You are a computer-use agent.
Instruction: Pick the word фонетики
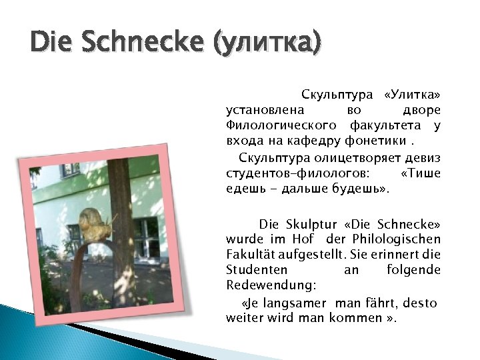click(375, 141)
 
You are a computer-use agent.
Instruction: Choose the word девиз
click(424, 157)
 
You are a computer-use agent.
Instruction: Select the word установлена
click(266, 109)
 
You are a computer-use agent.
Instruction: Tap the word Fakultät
click(253, 255)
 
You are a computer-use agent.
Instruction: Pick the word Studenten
click(257, 270)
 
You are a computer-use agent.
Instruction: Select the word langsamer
click(299, 303)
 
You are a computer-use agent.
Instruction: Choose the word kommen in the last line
click(355, 318)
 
